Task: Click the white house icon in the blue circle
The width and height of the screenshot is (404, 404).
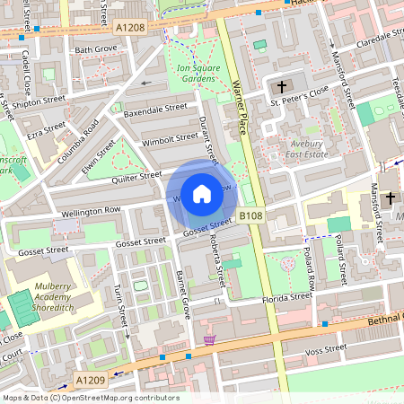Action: click(202, 193)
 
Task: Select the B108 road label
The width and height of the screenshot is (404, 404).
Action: click(250, 217)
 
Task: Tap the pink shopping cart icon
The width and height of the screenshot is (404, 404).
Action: click(210, 340)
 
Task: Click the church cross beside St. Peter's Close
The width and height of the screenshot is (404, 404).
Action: click(282, 87)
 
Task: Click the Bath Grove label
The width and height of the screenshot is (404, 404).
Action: click(96, 48)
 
